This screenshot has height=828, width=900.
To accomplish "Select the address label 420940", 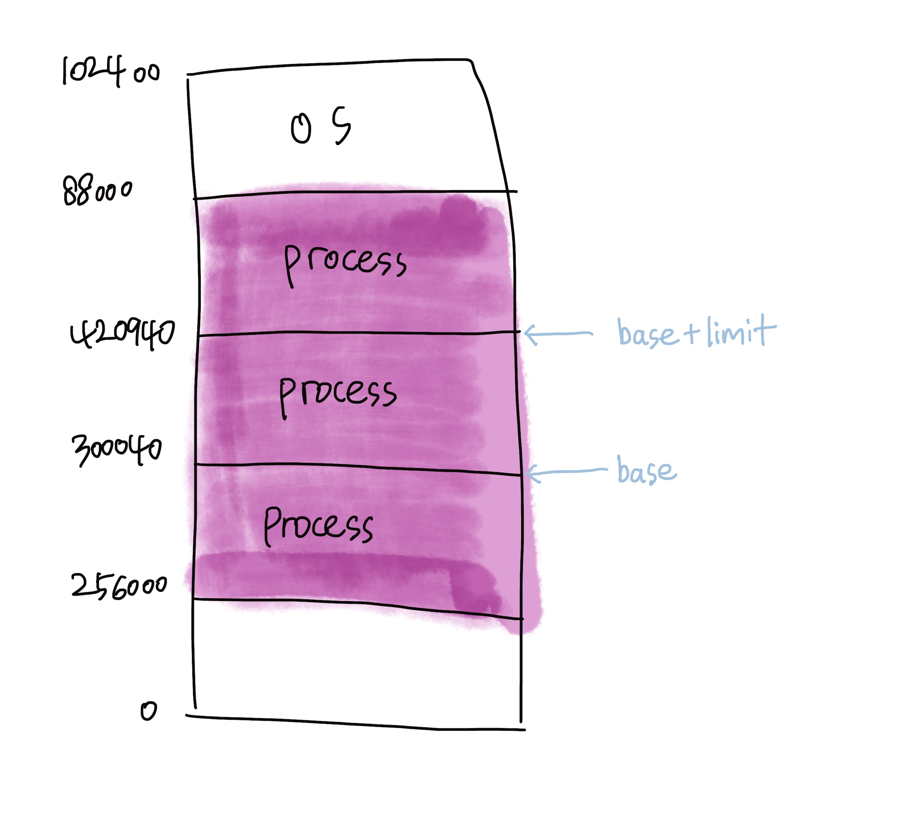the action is coord(122,334).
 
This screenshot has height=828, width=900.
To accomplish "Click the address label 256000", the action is coord(119,586).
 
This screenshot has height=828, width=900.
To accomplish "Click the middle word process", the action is coord(338,394).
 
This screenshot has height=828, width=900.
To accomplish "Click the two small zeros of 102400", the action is coord(146,73).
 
